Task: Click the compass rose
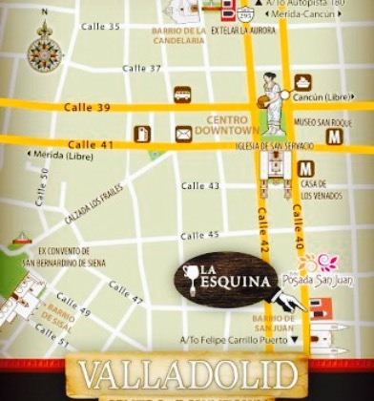[44, 49]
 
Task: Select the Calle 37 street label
[142, 69]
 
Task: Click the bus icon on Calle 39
[182, 95]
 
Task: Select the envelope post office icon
[183, 133]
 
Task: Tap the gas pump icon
[143, 134]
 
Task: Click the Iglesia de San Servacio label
[277, 145]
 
